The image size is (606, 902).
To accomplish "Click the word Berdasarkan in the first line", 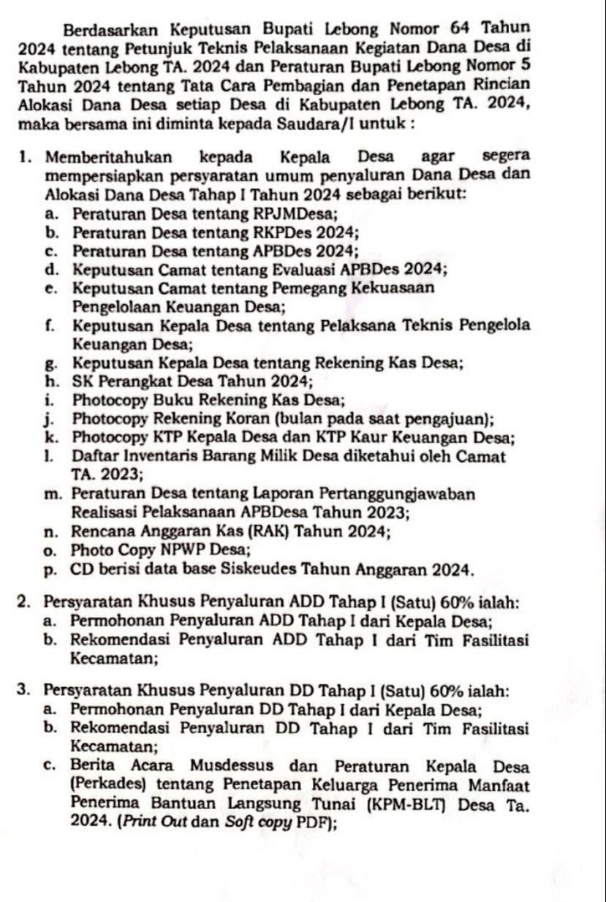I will [109, 31].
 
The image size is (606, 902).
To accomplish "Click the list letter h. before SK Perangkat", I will [50, 380].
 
